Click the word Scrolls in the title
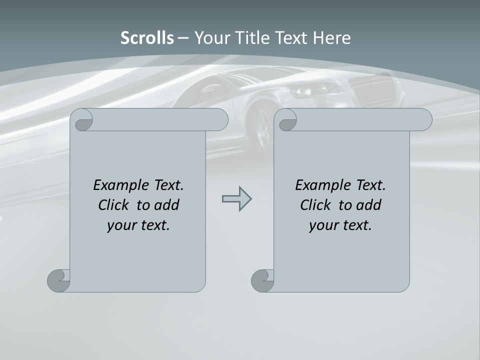coord(147,38)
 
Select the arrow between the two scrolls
coord(236,199)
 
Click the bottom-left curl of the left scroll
coord(59,280)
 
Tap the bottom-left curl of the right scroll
coord(263,280)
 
